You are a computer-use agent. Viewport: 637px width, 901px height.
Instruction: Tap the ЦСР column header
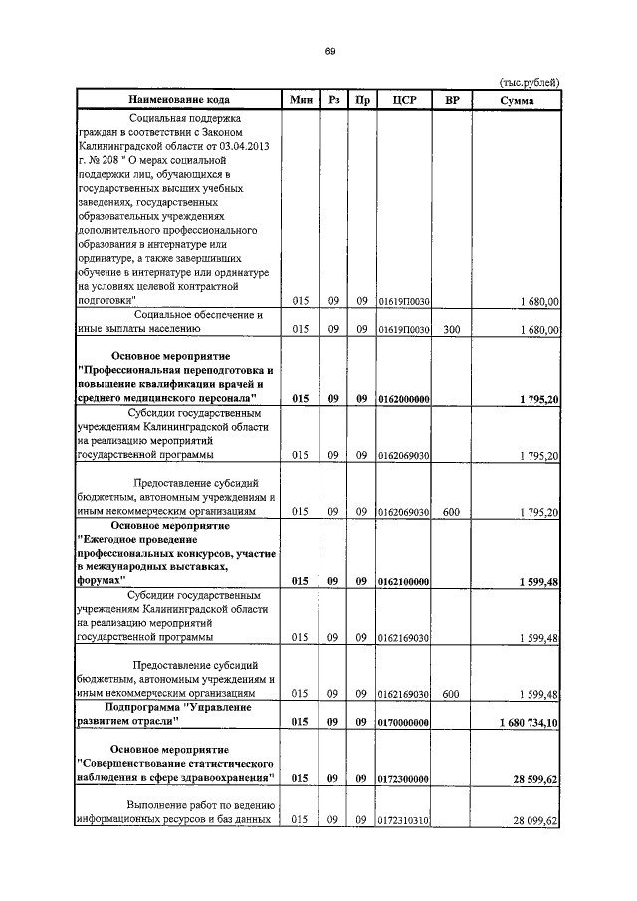click(x=404, y=100)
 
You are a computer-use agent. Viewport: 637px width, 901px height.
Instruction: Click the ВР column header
click(x=451, y=100)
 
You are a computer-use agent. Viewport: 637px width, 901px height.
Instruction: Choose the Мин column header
click(x=301, y=100)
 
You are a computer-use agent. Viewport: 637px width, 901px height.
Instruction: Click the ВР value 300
click(x=451, y=328)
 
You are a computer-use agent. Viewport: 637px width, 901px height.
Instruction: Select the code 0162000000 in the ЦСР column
click(x=404, y=399)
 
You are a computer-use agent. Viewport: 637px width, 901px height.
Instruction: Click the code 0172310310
click(x=404, y=821)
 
